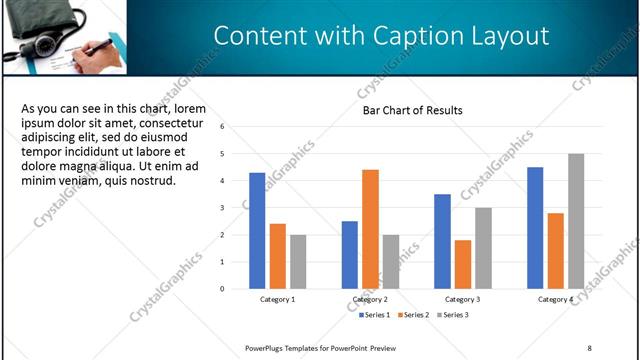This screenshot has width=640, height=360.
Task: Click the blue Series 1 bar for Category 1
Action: (x=257, y=231)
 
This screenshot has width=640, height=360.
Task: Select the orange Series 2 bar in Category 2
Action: (x=370, y=229)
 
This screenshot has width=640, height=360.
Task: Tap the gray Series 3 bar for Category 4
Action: (x=576, y=221)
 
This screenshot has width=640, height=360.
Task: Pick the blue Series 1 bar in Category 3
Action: (x=442, y=241)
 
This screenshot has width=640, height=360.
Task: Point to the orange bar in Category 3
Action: (x=462, y=264)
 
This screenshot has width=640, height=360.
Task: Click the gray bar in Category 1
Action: (x=298, y=261)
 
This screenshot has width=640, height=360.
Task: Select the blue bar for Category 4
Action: (x=535, y=228)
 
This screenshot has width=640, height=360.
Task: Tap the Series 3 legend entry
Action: (x=452, y=315)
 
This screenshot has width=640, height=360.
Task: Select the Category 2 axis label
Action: (x=370, y=299)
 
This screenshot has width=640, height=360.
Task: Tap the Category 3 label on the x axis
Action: (x=462, y=299)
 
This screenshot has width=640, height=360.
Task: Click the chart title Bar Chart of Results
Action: (x=413, y=110)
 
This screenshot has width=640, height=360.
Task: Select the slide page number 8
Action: (x=589, y=348)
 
